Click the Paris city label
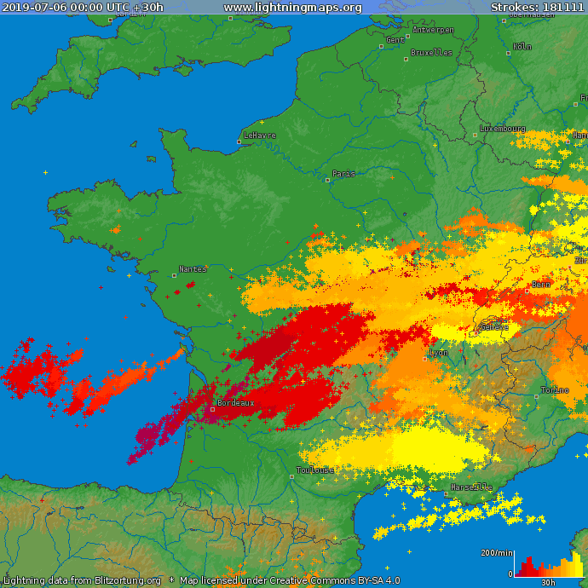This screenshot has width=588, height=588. pos(343,174)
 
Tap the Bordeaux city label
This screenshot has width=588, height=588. pos(235,403)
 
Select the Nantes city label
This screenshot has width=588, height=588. pos(193,269)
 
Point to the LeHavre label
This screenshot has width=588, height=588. pos(260,135)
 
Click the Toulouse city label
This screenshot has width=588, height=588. pos(316,470)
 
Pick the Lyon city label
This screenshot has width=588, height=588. pos(439,353)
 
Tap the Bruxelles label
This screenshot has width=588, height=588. pos(431,53)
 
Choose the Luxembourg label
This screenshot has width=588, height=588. pos(503,129)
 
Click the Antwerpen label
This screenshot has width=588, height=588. pos(433,30)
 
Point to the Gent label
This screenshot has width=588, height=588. pos(395,40)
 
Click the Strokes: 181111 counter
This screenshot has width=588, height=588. pos(538,8)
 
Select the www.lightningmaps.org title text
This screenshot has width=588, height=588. pos(292,8)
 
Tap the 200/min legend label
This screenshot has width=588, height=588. pos(497,553)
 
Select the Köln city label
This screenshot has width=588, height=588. pos(522,47)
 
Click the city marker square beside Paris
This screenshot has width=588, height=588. pos(328,180)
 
